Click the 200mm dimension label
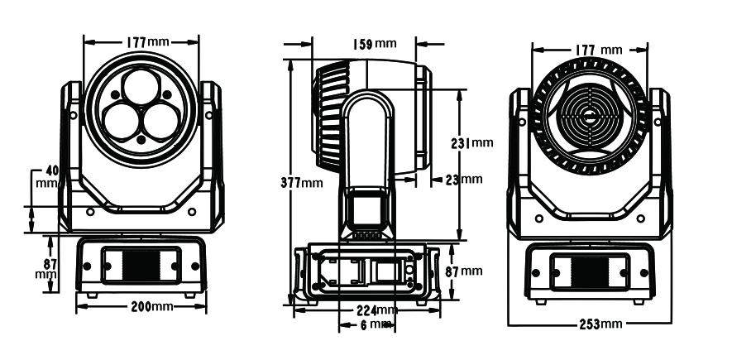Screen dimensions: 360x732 tap(151, 307)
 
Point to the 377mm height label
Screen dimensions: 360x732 tap(301, 182)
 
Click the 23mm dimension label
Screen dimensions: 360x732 tap(463, 179)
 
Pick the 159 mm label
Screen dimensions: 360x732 tap(374, 43)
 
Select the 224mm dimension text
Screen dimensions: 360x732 tap(374, 310)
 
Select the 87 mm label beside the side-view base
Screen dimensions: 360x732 tap(470, 271)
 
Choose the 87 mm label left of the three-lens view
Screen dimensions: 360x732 tap(48, 268)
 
